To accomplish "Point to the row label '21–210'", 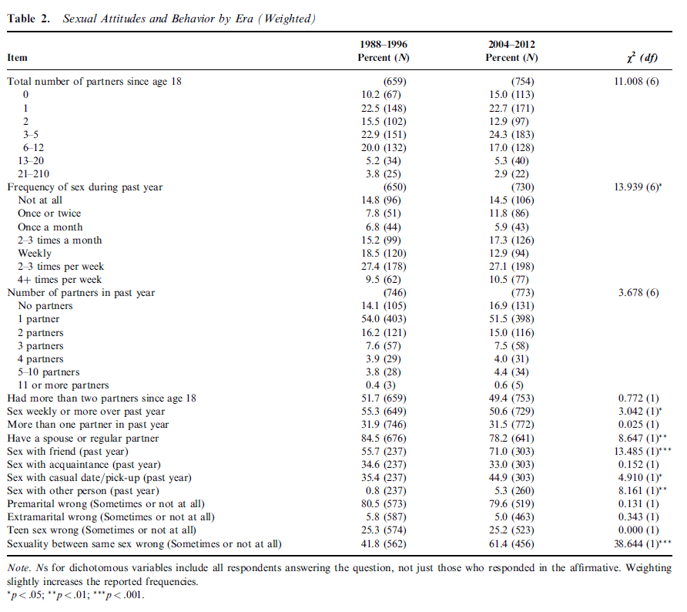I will coord(35,173).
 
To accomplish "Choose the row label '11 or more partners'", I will coord(63,385).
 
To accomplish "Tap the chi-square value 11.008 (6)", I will coord(636,81).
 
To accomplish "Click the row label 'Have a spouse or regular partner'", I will coord(82,437).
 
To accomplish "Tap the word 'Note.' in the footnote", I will coord(18,568).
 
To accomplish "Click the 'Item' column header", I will coord(18,58).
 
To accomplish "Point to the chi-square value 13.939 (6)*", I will coord(639,187).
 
